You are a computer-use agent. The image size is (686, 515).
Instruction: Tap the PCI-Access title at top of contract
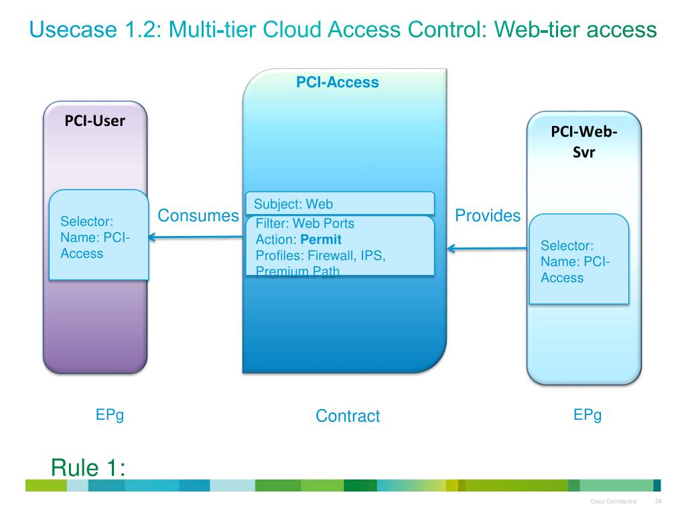(x=338, y=82)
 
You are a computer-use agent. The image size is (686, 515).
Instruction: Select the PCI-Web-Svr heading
(x=584, y=141)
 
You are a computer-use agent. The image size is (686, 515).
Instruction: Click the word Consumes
(x=198, y=215)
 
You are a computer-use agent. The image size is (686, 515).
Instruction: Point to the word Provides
(x=488, y=215)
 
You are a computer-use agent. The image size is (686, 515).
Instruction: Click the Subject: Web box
(x=340, y=204)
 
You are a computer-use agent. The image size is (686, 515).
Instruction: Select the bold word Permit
(x=321, y=239)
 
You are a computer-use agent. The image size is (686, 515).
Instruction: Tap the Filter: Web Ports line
(x=305, y=223)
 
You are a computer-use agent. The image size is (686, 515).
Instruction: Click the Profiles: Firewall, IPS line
(x=321, y=255)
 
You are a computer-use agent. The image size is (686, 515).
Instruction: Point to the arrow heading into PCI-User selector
(x=194, y=236)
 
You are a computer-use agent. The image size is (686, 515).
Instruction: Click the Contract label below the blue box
(x=348, y=416)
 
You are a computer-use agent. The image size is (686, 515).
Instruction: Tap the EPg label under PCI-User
(x=110, y=415)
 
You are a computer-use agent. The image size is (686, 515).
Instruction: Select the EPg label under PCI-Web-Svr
(x=588, y=415)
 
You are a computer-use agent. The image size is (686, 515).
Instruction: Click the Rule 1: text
(x=88, y=467)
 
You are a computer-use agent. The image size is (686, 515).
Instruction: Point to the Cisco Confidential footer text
(x=614, y=502)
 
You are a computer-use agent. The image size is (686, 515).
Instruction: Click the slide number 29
(x=658, y=502)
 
